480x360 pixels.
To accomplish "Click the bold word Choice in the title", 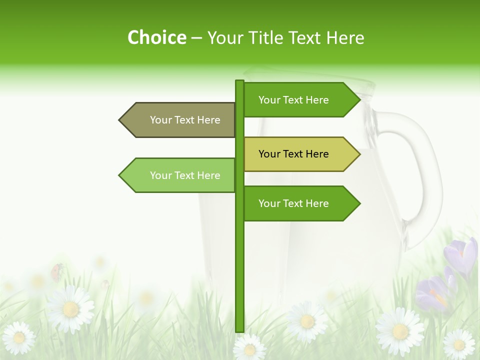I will point(156,37).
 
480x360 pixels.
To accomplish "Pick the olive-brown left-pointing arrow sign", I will point(180,120).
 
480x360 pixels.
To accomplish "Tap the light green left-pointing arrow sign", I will point(180,175).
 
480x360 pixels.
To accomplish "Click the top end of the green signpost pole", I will point(239,82).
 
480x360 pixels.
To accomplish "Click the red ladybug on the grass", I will point(56,271).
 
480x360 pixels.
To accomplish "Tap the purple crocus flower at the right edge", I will point(462,256).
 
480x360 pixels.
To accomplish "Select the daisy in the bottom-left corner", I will point(18,338).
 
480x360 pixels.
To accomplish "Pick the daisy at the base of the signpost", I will point(249,348).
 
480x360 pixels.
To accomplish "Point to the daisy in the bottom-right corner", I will point(458,344).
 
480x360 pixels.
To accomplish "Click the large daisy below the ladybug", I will point(70,308).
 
